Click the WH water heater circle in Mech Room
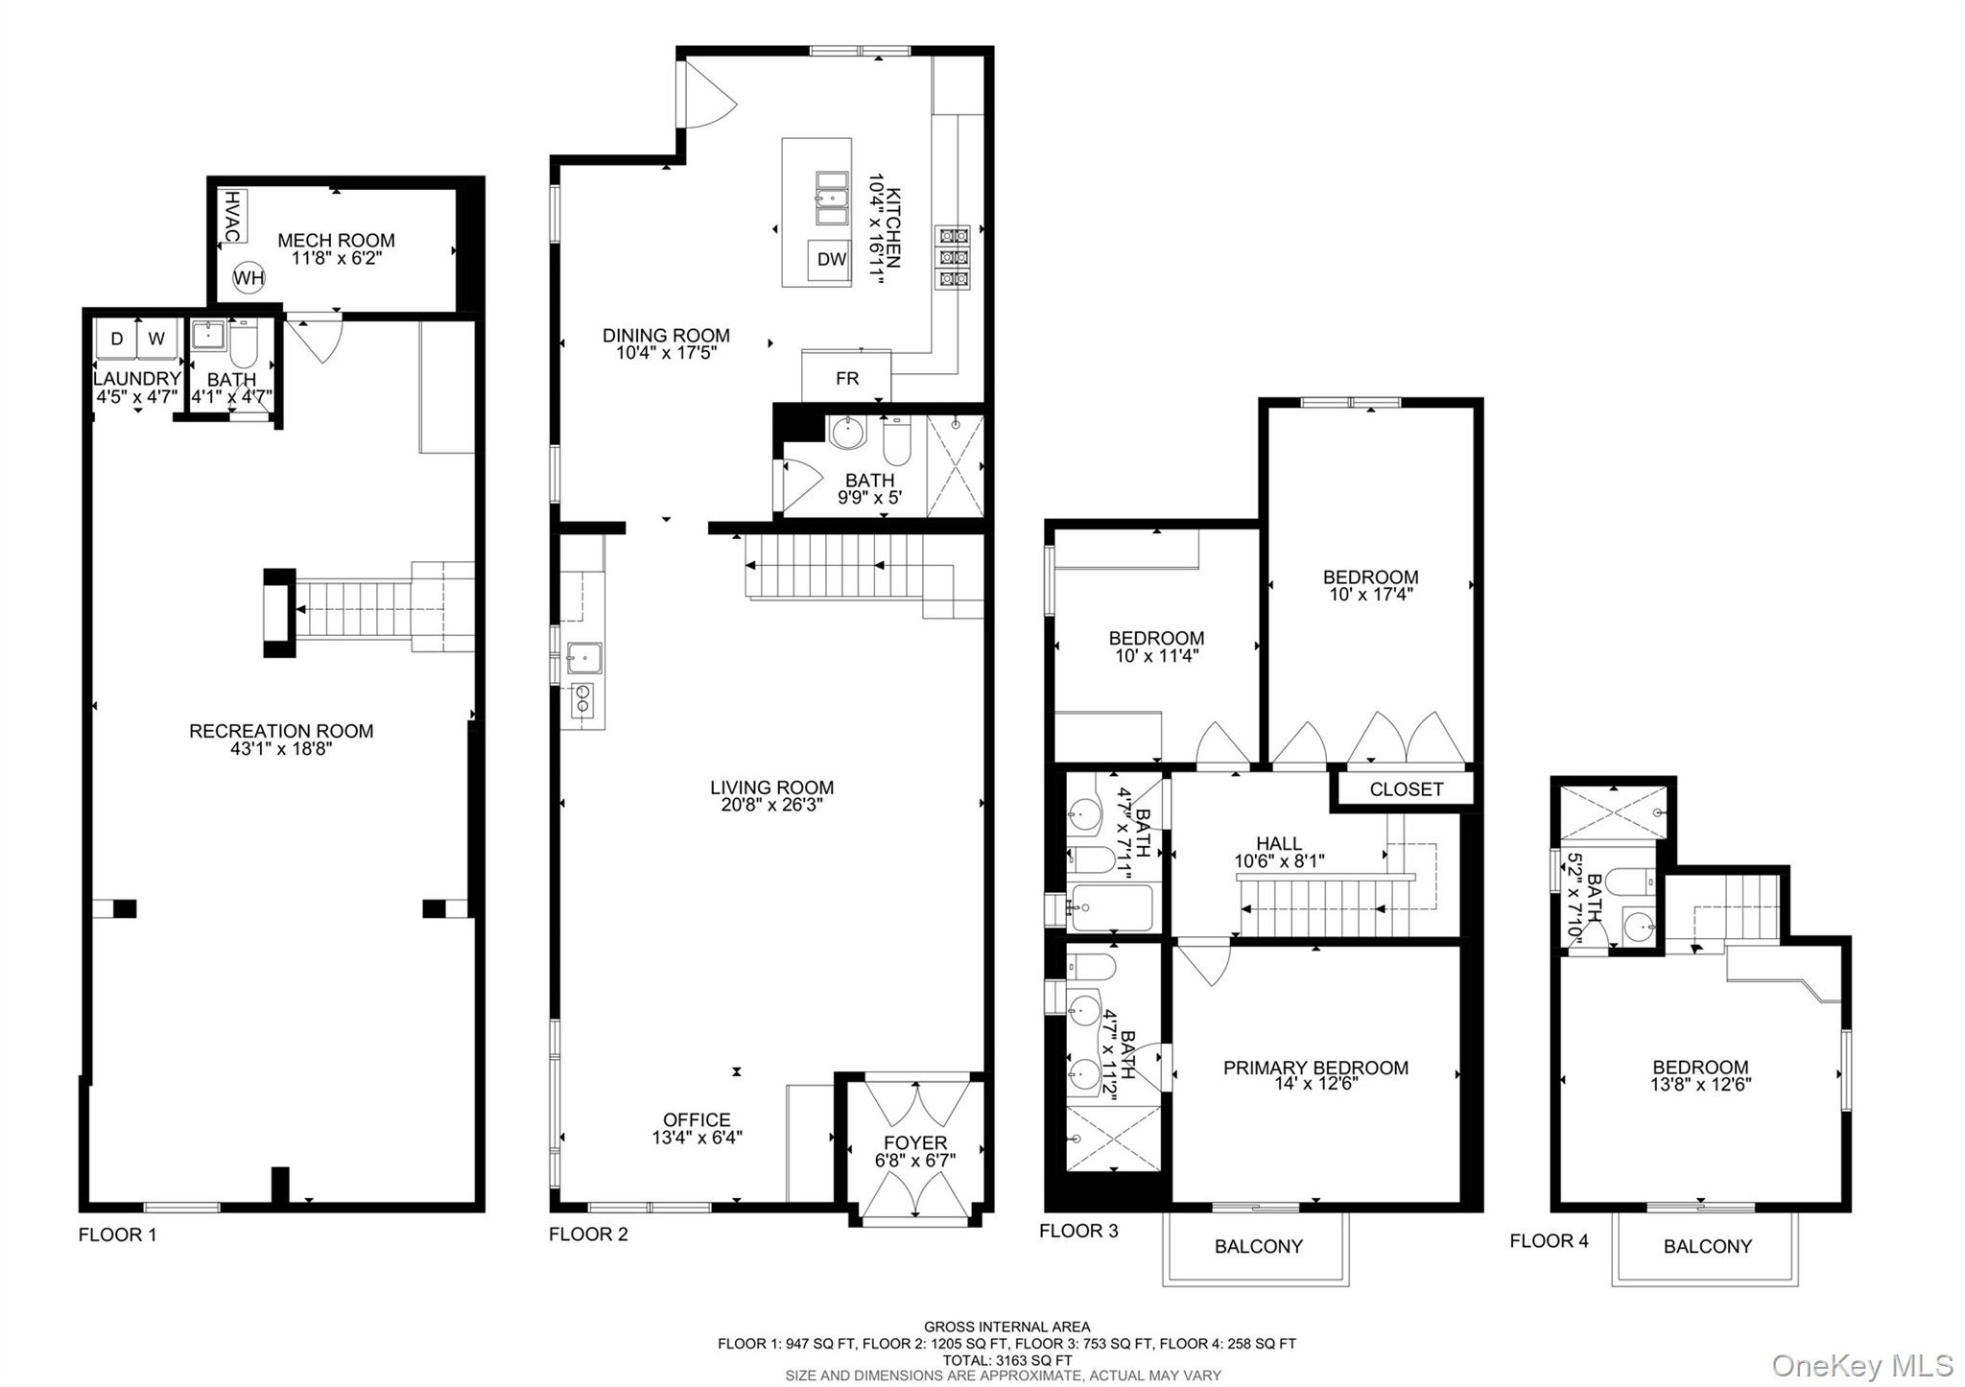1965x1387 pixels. (x=249, y=278)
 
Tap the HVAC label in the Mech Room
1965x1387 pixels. (x=232, y=216)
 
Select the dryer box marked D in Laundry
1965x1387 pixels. (x=117, y=339)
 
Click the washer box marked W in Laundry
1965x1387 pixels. (x=156, y=339)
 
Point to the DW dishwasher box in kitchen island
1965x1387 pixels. (x=832, y=259)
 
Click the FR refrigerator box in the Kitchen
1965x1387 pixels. (x=846, y=378)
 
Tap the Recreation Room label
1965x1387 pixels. (x=281, y=731)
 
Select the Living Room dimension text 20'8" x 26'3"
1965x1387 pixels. (x=771, y=806)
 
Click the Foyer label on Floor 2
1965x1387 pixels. (x=915, y=1142)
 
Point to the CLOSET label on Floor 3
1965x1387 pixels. (x=1406, y=789)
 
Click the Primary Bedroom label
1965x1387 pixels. (x=1315, y=1068)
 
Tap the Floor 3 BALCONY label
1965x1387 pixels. (x=1258, y=1246)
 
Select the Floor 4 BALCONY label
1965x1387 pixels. (x=1707, y=1246)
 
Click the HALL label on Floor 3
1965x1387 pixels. (x=1279, y=843)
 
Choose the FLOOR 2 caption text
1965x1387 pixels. (x=588, y=1234)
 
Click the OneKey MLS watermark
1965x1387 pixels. (x=1861, y=1365)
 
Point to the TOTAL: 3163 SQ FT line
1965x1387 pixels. (x=1006, y=1359)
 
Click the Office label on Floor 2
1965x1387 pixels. (x=697, y=1119)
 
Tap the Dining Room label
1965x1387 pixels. (x=666, y=336)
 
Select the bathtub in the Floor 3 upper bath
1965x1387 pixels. (x=1111, y=907)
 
